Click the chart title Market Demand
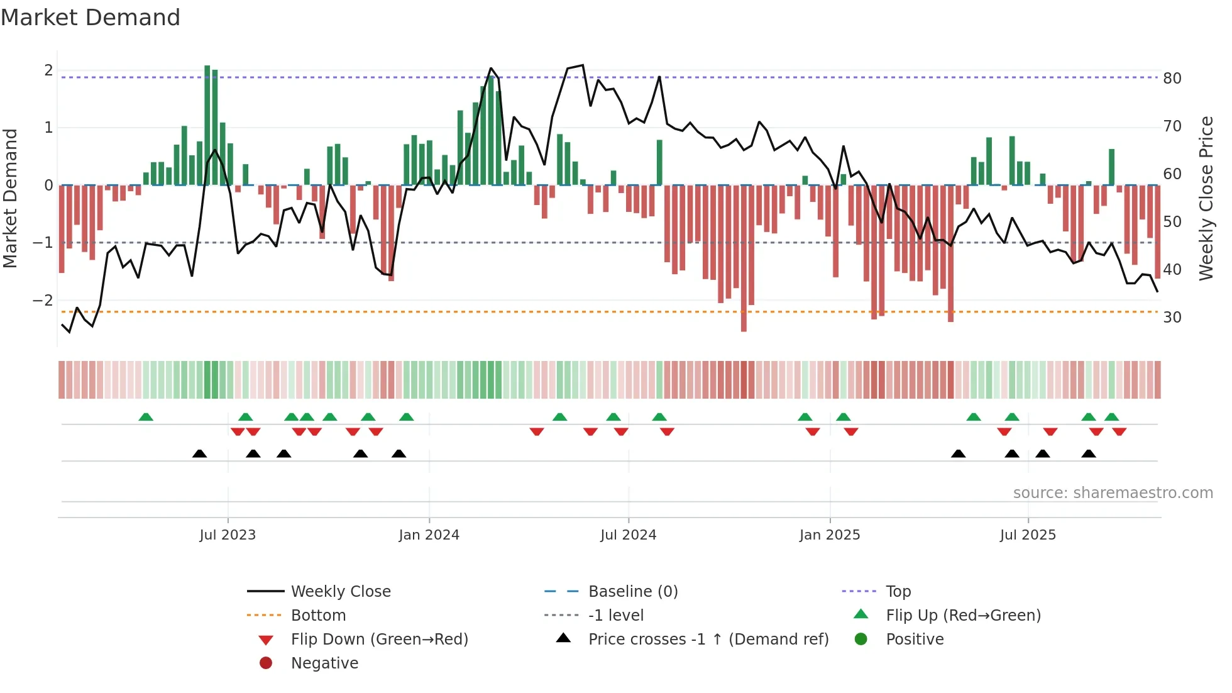tap(91, 18)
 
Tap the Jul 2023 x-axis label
tap(228, 535)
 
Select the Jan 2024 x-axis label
tap(429, 535)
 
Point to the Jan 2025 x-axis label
tap(829, 535)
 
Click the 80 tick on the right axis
tap(1172, 79)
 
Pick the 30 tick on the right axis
tap(1172, 318)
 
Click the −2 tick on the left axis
tap(43, 300)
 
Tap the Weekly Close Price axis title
tap(1206, 198)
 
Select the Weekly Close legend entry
tap(340, 592)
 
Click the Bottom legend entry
tap(318, 616)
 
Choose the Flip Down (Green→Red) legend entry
tap(379, 640)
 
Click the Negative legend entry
tap(324, 663)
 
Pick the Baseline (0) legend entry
tap(632, 592)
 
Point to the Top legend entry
tap(898, 592)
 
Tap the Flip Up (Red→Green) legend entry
tap(963, 616)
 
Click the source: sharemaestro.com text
tap(1113, 493)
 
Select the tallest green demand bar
tap(207, 126)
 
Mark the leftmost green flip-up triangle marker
tap(146, 417)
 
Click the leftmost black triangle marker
tap(199, 453)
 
